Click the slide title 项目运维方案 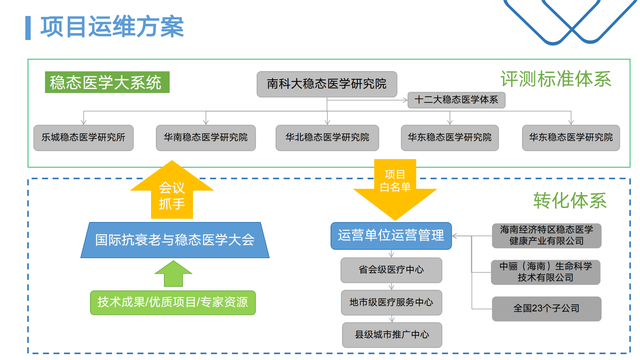click(112, 27)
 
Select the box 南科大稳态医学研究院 click(327, 84)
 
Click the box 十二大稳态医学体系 click(456, 100)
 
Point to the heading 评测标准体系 click(556, 79)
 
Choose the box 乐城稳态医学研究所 click(83, 138)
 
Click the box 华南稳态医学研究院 click(206, 138)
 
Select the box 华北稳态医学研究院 click(327, 138)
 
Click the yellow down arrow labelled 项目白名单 click(395, 187)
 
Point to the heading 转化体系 click(570, 201)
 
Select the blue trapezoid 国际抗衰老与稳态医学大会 click(175, 240)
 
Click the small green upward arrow click(173, 274)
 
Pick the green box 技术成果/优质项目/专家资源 click(173, 302)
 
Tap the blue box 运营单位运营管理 click(391, 236)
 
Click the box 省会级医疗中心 click(391, 270)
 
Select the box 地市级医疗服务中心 click(391, 302)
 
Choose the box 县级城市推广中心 click(392, 335)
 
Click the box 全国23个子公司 click(546, 309)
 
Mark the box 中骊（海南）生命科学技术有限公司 click(545, 272)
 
